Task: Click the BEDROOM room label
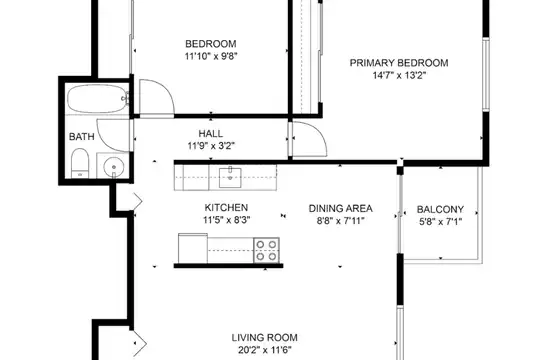(211, 44)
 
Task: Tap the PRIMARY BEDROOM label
(399, 63)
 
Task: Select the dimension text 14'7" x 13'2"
(399, 75)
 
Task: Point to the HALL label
(210, 134)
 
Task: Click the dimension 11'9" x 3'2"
(211, 146)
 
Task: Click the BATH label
(82, 137)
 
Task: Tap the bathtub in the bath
(97, 99)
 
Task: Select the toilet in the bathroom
(80, 163)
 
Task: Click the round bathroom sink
(114, 166)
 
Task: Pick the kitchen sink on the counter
(230, 177)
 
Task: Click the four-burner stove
(267, 250)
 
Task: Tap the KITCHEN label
(226, 208)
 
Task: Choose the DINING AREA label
(340, 208)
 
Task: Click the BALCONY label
(440, 209)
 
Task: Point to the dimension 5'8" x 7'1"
(440, 222)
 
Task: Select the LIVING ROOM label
(264, 338)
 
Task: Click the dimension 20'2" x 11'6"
(264, 350)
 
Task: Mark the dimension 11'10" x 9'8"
(211, 56)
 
